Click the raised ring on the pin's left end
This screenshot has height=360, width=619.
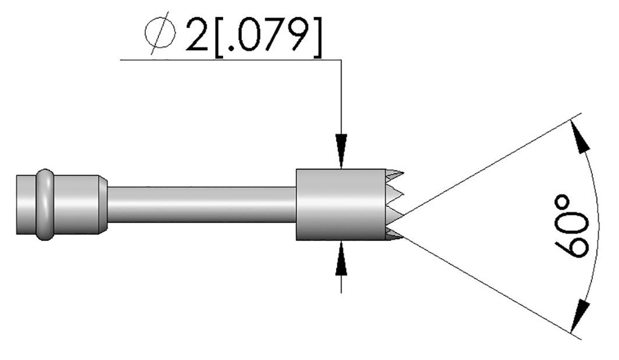pos(45,205)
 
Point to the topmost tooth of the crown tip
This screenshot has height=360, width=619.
pos(394,175)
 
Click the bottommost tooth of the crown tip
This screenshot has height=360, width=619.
pos(393,235)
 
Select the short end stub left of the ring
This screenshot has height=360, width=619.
pos(25,205)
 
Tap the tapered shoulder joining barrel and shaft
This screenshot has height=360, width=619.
pos(103,205)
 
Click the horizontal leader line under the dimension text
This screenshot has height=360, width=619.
pos(230,60)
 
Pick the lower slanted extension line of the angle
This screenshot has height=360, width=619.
pos(484,284)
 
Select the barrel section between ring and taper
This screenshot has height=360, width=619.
pos(76,205)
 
